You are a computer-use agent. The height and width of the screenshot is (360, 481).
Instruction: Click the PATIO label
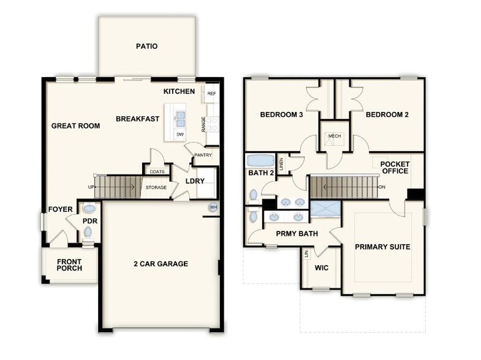pos(146,47)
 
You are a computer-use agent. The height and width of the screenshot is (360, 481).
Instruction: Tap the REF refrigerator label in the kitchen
pos(211,94)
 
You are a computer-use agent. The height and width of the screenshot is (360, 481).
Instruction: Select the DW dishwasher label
pos(180,135)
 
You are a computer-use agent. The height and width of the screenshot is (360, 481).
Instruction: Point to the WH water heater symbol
pos(213,208)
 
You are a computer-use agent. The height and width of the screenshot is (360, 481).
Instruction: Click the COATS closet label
pos(157,172)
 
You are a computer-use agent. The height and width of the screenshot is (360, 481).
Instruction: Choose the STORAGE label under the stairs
pos(156,187)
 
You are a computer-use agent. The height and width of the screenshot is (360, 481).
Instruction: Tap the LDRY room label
pos(195,181)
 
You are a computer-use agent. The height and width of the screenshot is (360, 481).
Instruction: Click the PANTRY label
pos(203,155)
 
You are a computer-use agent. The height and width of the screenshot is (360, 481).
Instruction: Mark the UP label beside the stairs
pos(91,187)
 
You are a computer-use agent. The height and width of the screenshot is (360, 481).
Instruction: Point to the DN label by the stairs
pos(382,187)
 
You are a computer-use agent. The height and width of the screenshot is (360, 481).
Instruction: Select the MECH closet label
pos(335,136)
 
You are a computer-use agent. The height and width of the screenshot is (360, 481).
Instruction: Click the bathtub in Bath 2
pos(261,161)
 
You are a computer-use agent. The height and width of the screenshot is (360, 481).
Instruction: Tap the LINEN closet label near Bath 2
pos(281,164)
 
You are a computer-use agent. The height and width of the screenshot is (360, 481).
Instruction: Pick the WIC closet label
pos(322,268)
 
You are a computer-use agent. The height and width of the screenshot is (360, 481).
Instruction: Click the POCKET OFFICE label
pos(395,168)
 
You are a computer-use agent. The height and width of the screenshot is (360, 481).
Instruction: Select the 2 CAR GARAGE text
pos(161,264)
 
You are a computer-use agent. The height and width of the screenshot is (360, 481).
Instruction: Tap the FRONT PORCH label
pos(69,265)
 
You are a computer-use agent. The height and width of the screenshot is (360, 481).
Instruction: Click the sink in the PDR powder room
pos(89,208)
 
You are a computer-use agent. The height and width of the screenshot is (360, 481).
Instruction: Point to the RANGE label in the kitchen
pos(203,124)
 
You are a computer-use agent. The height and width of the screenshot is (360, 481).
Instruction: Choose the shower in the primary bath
pos(325,209)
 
